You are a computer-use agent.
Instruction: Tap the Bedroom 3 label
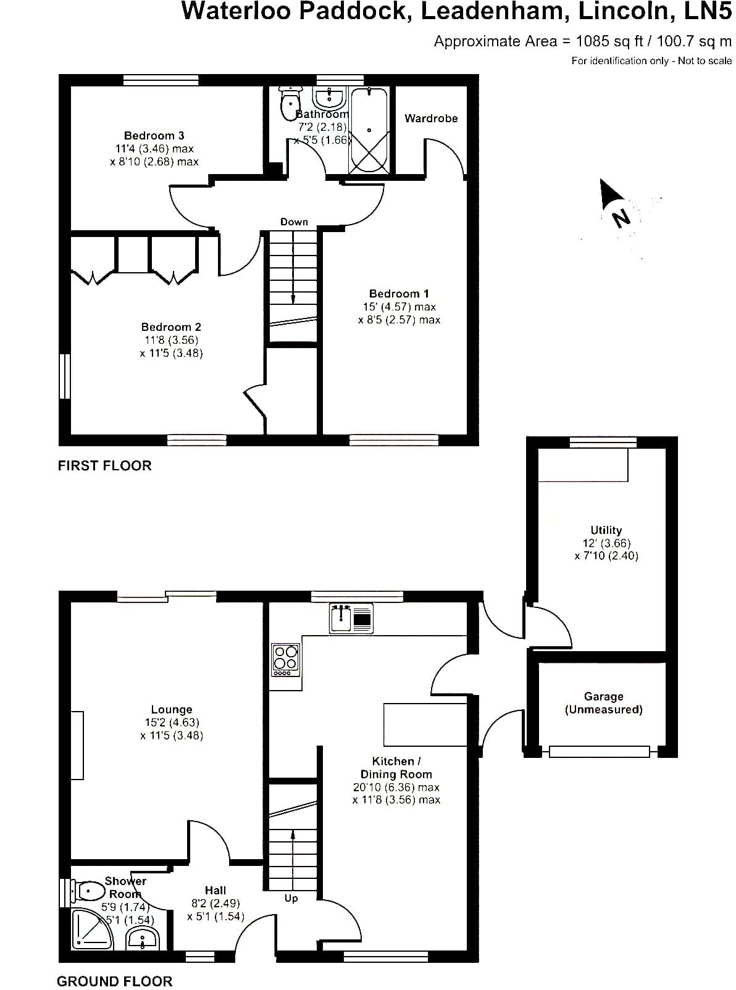pyautogui.click(x=154, y=135)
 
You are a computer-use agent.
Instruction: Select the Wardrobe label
pyautogui.click(x=431, y=119)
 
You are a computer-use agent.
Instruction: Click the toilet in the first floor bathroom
pyautogui.click(x=290, y=102)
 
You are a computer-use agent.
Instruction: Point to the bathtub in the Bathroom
pyautogui.click(x=369, y=130)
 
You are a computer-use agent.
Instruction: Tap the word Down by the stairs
pyautogui.click(x=294, y=222)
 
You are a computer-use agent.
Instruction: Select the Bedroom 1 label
pyautogui.click(x=399, y=294)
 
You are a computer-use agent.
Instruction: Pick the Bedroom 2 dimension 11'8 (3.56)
pyautogui.click(x=172, y=340)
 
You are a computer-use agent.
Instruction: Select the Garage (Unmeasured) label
pyautogui.click(x=603, y=703)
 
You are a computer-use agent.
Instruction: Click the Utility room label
pyautogui.click(x=606, y=530)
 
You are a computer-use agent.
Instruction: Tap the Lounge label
pyautogui.click(x=172, y=710)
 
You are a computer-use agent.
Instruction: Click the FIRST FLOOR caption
pyautogui.click(x=105, y=465)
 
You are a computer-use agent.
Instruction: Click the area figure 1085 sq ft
pyautogui.click(x=609, y=41)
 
